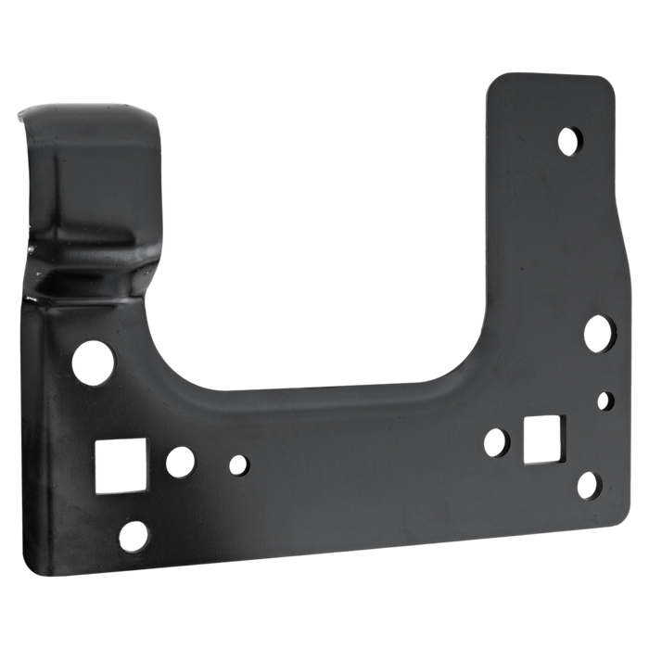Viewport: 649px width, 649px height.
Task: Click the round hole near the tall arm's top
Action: coord(570,140)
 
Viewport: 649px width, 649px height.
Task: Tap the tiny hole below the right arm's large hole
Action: coord(606,401)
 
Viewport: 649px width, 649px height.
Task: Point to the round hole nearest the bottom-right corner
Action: coord(587,483)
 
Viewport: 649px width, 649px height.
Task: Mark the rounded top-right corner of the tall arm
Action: coord(607,85)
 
